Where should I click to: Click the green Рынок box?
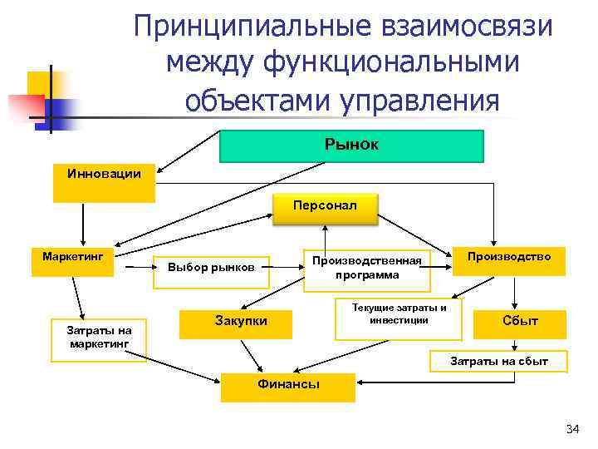click(x=350, y=146)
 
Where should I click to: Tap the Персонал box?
click(x=325, y=209)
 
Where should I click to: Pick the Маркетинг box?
click(x=72, y=261)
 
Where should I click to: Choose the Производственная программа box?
click(x=367, y=269)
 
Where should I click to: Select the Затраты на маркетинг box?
click(x=98, y=340)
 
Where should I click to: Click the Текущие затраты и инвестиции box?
click(x=398, y=319)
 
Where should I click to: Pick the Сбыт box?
click(x=521, y=323)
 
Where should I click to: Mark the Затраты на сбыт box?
click(x=498, y=362)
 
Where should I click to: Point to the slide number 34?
click(x=571, y=429)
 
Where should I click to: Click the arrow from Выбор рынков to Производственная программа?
click(x=287, y=269)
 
